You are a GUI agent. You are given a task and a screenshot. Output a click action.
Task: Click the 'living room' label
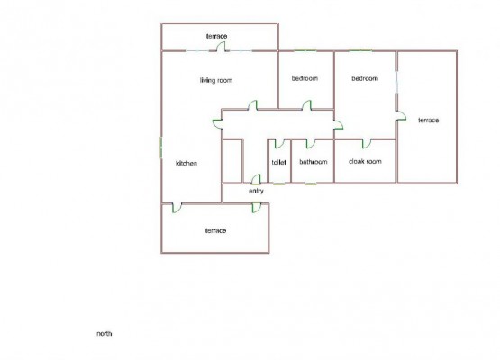click(216, 80)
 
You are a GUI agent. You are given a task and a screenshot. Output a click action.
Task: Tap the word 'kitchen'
click(186, 163)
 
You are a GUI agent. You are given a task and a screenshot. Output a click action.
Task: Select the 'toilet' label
click(278, 162)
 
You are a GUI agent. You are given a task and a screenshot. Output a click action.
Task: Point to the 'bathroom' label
click(314, 162)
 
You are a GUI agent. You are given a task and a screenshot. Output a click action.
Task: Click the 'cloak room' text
click(365, 161)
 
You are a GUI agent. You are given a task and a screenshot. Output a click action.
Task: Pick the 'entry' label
click(256, 191)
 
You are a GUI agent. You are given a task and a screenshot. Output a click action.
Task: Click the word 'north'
click(105, 334)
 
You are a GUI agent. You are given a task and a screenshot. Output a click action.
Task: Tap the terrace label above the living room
click(216, 36)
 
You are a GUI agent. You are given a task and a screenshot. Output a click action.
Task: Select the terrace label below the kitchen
click(215, 230)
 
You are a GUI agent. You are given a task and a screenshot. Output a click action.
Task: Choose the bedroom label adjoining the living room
click(305, 78)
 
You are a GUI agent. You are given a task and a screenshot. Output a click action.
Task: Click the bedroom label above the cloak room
click(365, 78)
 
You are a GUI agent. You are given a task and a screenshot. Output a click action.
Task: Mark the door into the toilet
click(279, 144)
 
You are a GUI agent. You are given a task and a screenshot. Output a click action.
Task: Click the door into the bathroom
click(310, 144)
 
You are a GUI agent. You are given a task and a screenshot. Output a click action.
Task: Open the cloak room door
click(367, 144)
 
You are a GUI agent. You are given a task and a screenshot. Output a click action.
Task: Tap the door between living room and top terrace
click(221, 47)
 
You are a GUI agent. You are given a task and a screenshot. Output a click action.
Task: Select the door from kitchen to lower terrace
click(177, 208)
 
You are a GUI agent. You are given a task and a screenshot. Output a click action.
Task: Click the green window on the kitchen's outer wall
click(161, 148)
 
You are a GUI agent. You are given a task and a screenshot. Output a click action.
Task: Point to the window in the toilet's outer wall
click(279, 184)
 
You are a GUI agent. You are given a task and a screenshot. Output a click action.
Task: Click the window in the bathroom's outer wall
click(311, 184)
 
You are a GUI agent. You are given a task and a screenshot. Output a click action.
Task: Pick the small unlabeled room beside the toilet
click(232, 161)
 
